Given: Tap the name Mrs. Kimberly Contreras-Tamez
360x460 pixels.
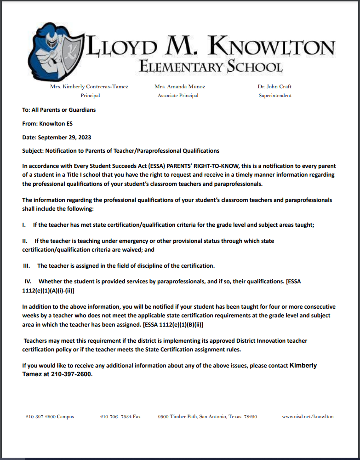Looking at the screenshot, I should pyautogui.click(x=89, y=86).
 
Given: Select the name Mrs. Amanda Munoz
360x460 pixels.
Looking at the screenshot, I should pyautogui.click(x=180, y=86).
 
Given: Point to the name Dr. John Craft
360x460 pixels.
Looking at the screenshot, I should pyautogui.click(x=274, y=86).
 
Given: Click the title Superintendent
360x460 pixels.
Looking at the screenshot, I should pyautogui.click(x=275, y=96).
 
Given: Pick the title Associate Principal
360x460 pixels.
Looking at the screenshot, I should pyautogui.click(x=178, y=96).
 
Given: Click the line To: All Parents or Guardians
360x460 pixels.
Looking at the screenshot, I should pyautogui.click(x=59, y=110).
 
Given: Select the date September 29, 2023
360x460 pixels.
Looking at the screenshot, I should pyautogui.click(x=64, y=137).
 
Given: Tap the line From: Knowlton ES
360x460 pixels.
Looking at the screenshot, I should pyautogui.click(x=47, y=124).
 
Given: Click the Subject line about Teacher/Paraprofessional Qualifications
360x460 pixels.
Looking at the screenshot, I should pyautogui.click(x=121, y=151).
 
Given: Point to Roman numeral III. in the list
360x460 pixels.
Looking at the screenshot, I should pyautogui.click(x=27, y=266).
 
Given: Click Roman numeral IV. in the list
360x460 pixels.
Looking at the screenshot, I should pyautogui.click(x=28, y=281).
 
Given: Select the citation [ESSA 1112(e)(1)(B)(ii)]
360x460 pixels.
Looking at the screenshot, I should pyautogui.click(x=173, y=325).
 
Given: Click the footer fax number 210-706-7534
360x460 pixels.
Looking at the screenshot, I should pyautogui.click(x=120, y=417).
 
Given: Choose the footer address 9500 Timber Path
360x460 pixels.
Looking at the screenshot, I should pyautogui.click(x=207, y=417).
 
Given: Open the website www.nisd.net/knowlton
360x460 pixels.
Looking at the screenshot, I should pyautogui.click(x=308, y=417).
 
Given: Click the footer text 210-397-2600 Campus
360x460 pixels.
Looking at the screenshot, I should pyautogui.click(x=50, y=417).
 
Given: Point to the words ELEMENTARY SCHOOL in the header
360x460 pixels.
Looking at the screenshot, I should pyautogui.click(x=211, y=67).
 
